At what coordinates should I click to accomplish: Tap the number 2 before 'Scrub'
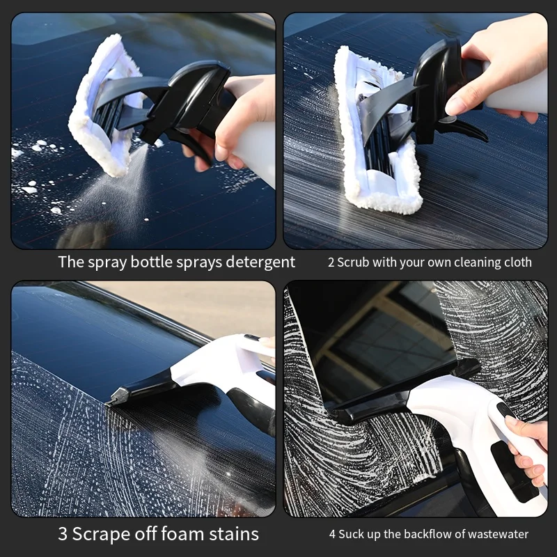[x=331, y=263]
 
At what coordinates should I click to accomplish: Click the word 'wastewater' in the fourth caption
[x=496, y=535]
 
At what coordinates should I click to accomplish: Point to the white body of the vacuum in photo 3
[x=216, y=366]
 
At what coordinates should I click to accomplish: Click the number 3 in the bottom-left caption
[x=65, y=534]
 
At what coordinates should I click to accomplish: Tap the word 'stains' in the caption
[x=236, y=534]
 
